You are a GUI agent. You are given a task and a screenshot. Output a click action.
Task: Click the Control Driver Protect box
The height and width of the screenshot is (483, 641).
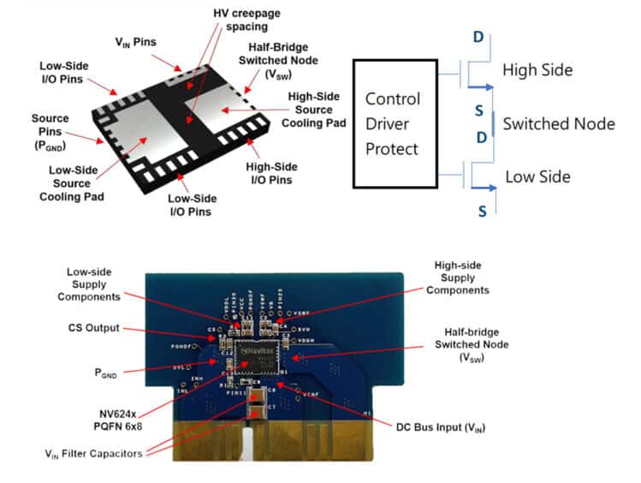click(x=395, y=124)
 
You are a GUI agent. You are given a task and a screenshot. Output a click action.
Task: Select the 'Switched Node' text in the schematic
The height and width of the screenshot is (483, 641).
click(x=558, y=123)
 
